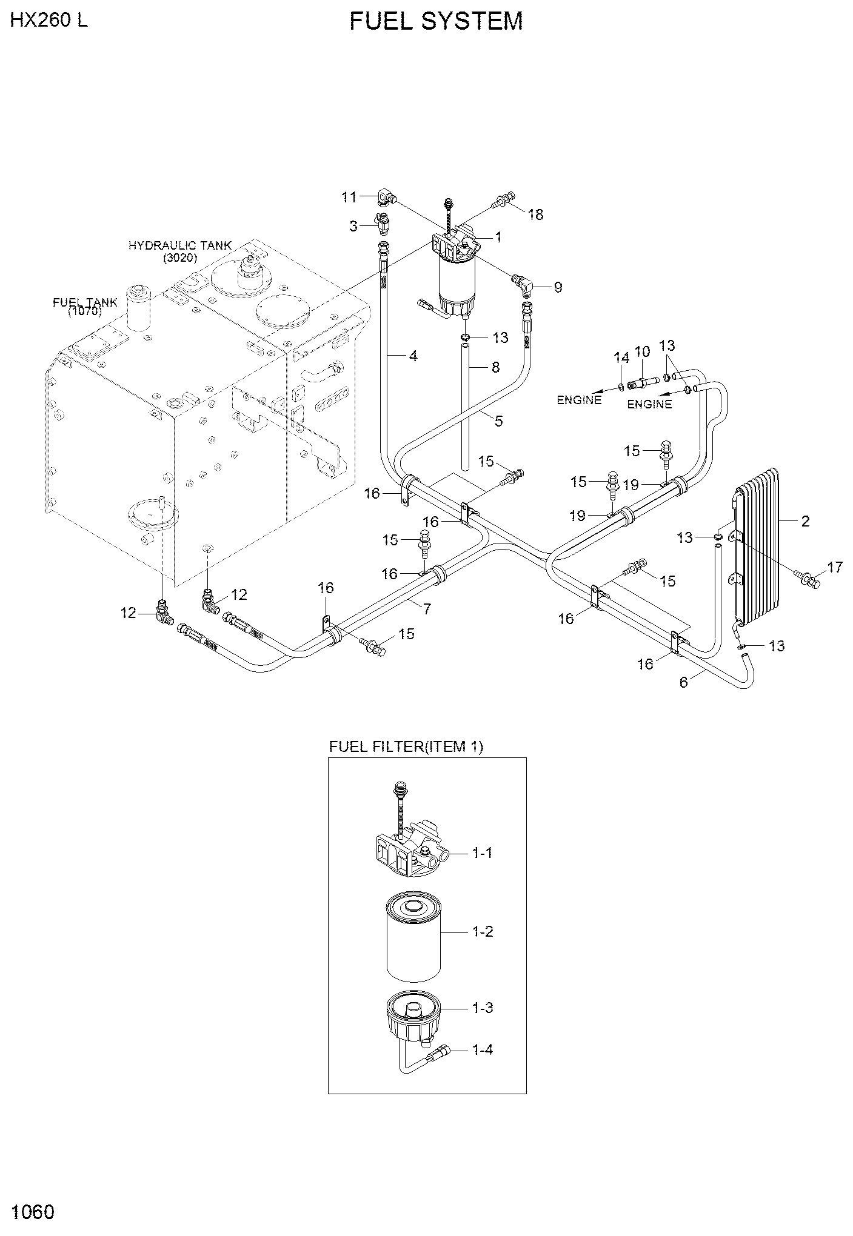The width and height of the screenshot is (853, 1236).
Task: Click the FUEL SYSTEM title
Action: click(436, 21)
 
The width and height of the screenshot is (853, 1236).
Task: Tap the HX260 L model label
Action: click(49, 20)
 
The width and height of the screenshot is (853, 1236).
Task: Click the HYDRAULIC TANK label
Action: click(180, 245)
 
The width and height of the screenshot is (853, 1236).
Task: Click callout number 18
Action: click(535, 214)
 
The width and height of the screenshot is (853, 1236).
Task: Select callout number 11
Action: click(349, 197)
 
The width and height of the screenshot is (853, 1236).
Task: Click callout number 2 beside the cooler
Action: click(805, 521)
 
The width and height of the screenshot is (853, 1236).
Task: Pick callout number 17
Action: click(835, 568)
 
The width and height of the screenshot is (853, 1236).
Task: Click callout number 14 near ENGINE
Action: click(622, 358)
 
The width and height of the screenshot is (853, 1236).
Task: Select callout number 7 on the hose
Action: click(427, 609)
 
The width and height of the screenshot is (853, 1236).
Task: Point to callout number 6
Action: click(684, 682)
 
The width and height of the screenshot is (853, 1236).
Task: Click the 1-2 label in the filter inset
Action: click(483, 931)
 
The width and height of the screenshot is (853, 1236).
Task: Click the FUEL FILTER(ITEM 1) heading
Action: click(406, 746)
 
